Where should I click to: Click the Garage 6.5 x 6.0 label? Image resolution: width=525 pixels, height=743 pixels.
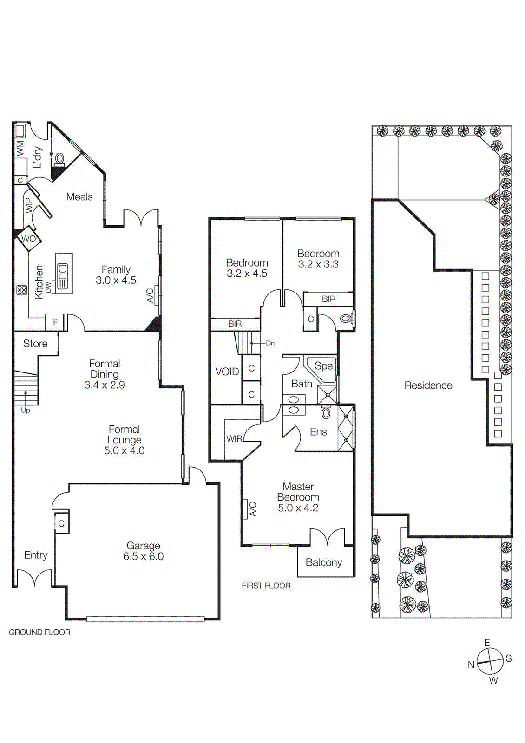point(143,551)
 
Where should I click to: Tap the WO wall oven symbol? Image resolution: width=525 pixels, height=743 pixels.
point(28,239)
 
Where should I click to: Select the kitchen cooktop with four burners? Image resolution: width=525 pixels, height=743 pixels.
point(21,290)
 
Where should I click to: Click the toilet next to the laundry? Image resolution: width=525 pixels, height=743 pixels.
point(59,159)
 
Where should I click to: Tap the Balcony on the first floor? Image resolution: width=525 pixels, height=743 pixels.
point(324,562)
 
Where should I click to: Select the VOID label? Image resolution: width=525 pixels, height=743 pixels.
point(227,371)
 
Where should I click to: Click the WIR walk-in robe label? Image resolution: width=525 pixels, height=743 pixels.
point(234,438)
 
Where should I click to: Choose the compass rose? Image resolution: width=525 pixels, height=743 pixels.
point(490,661)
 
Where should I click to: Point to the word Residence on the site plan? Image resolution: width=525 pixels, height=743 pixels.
point(428,385)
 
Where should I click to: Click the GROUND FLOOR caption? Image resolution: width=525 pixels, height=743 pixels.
point(39,632)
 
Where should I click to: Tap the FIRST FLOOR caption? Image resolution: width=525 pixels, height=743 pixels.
point(266,586)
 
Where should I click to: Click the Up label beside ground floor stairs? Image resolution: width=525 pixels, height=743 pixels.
point(26,411)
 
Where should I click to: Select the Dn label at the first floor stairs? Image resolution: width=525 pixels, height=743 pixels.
point(270,344)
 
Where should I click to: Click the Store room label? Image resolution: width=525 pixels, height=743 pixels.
point(35,344)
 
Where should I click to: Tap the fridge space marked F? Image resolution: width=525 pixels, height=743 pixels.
point(55,322)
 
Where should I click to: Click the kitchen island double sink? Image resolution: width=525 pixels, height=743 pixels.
point(62,272)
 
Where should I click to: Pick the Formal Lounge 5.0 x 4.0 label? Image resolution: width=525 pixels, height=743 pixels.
point(124,440)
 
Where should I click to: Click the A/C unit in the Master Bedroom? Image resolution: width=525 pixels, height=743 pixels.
point(245,509)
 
